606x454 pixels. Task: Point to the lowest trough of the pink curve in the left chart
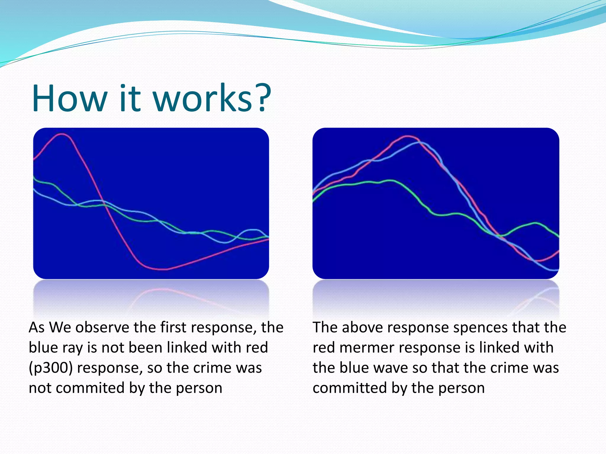pos(161,269)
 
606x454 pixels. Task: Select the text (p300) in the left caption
pos(51,368)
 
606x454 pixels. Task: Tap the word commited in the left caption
pos(90,388)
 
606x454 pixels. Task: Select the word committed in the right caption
pos(349,388)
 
